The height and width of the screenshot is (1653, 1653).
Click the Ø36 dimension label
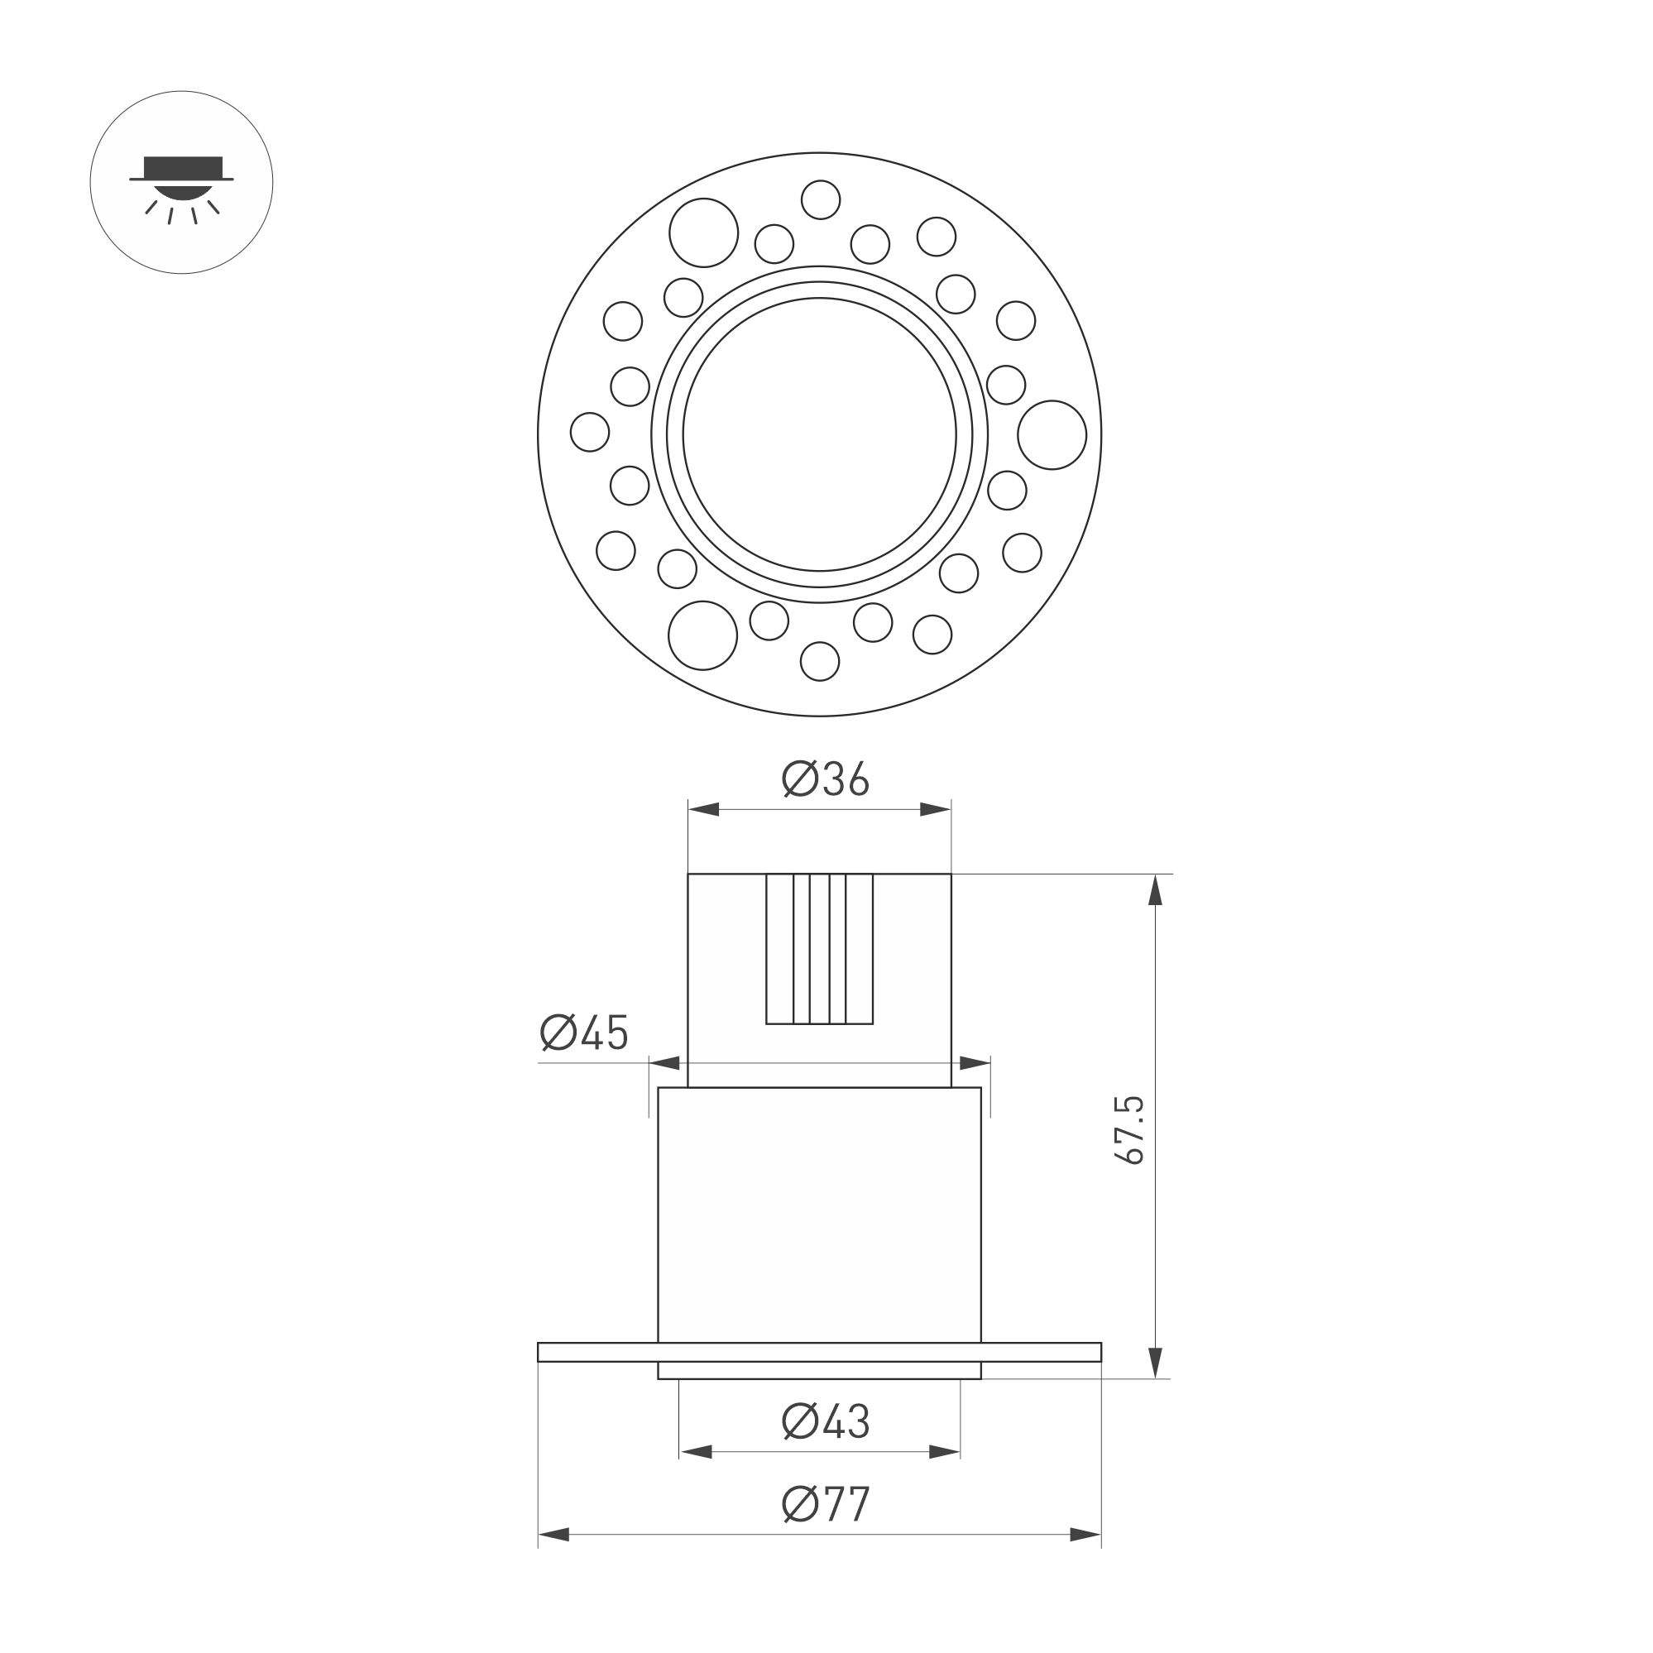825,779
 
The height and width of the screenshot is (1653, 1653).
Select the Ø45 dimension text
584,1033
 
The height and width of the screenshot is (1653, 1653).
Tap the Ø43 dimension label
825,1422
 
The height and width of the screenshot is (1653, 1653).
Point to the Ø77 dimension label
825,1528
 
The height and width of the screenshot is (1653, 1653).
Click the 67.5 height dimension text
1131,1129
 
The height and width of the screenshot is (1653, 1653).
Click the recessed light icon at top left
181,182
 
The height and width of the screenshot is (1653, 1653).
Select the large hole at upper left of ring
703,232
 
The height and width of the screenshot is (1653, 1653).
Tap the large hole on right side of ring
1052,434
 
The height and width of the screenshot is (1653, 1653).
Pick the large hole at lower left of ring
702,635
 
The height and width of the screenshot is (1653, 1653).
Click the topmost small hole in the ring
821,199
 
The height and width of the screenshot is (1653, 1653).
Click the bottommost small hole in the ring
820,660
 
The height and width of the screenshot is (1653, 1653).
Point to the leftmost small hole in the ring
590,431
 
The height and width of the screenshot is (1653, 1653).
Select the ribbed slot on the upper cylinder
819,949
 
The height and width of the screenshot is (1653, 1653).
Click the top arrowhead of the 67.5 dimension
1155,890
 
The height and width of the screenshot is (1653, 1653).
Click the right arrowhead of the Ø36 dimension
936,809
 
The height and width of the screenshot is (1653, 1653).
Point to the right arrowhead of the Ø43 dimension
945,1452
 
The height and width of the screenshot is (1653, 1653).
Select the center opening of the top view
820,434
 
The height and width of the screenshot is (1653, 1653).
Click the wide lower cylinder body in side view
819,1215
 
